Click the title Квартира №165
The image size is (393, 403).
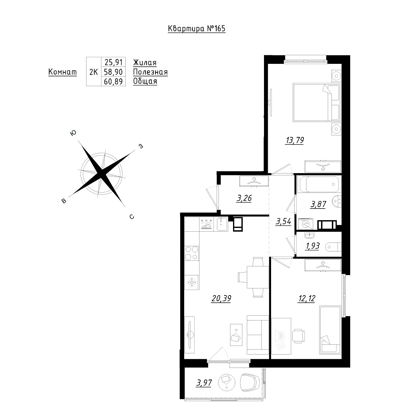197,28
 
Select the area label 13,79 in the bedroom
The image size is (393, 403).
295,140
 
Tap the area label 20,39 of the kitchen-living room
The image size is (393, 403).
221,299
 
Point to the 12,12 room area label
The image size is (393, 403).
306,299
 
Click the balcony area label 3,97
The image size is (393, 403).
204,383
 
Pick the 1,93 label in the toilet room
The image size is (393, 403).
312,246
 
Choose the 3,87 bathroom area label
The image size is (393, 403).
318,204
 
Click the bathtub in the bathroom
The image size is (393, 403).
319,184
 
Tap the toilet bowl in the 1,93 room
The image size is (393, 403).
333,247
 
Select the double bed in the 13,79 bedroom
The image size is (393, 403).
317,102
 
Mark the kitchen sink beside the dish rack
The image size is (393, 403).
222,224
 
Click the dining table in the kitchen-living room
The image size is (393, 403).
258,277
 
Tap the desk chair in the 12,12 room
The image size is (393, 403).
298,336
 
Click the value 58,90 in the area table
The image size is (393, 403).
113,72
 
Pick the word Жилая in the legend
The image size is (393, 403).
145,63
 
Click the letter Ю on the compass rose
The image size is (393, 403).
73,132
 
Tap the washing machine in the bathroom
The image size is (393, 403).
306,224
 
